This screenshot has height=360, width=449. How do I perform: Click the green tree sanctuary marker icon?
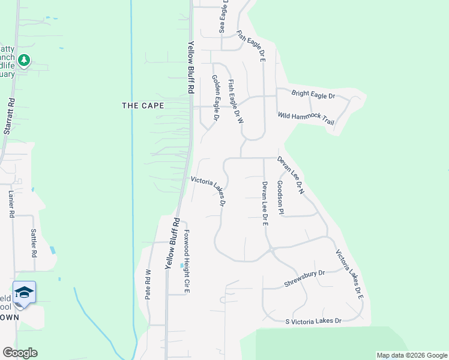point(24,60)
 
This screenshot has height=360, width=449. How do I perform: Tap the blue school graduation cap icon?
point(24,292)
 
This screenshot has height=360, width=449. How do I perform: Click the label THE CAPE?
point(143,105)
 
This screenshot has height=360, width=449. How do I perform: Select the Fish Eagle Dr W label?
point(237,101)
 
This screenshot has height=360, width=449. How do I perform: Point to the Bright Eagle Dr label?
point(313,94)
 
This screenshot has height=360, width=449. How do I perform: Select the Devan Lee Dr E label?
point(264,203)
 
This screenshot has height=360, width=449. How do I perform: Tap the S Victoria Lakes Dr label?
point(313,321)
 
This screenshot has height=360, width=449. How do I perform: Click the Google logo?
point(20,352)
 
